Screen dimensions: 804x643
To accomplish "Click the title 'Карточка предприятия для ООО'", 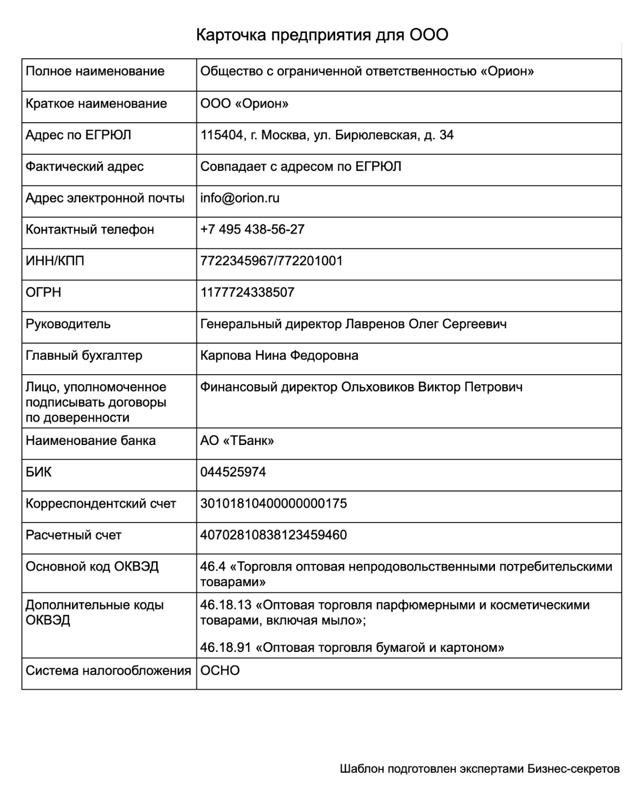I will tap(321, 35).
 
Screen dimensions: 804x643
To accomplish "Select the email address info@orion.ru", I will tap(240, 198).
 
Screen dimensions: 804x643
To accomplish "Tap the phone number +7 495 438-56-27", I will tap(252, 230).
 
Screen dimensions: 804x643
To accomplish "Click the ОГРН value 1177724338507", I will tap(247, 292).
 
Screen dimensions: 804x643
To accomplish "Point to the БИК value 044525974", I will tap(233, 472).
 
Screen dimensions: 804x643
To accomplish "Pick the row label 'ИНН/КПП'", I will tap(55, 261).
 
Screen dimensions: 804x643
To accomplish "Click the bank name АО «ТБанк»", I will tap(237, 441).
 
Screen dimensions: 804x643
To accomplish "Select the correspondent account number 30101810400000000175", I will tap(273, 504).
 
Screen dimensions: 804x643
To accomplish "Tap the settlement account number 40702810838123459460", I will tap(273, 535).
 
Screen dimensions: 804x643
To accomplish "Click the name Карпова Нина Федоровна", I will tap(279, 355).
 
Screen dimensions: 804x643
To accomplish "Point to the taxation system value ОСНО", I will tap(220, 671).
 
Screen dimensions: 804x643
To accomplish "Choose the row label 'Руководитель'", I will tap(68, 324).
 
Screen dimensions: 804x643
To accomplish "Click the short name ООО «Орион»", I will tap(244, 103).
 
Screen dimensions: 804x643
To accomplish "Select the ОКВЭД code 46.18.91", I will tap(225, 647).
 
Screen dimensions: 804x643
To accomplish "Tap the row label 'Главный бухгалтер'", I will tap(84, 355).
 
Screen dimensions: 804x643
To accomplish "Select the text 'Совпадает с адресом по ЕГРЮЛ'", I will tap(301, 167).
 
